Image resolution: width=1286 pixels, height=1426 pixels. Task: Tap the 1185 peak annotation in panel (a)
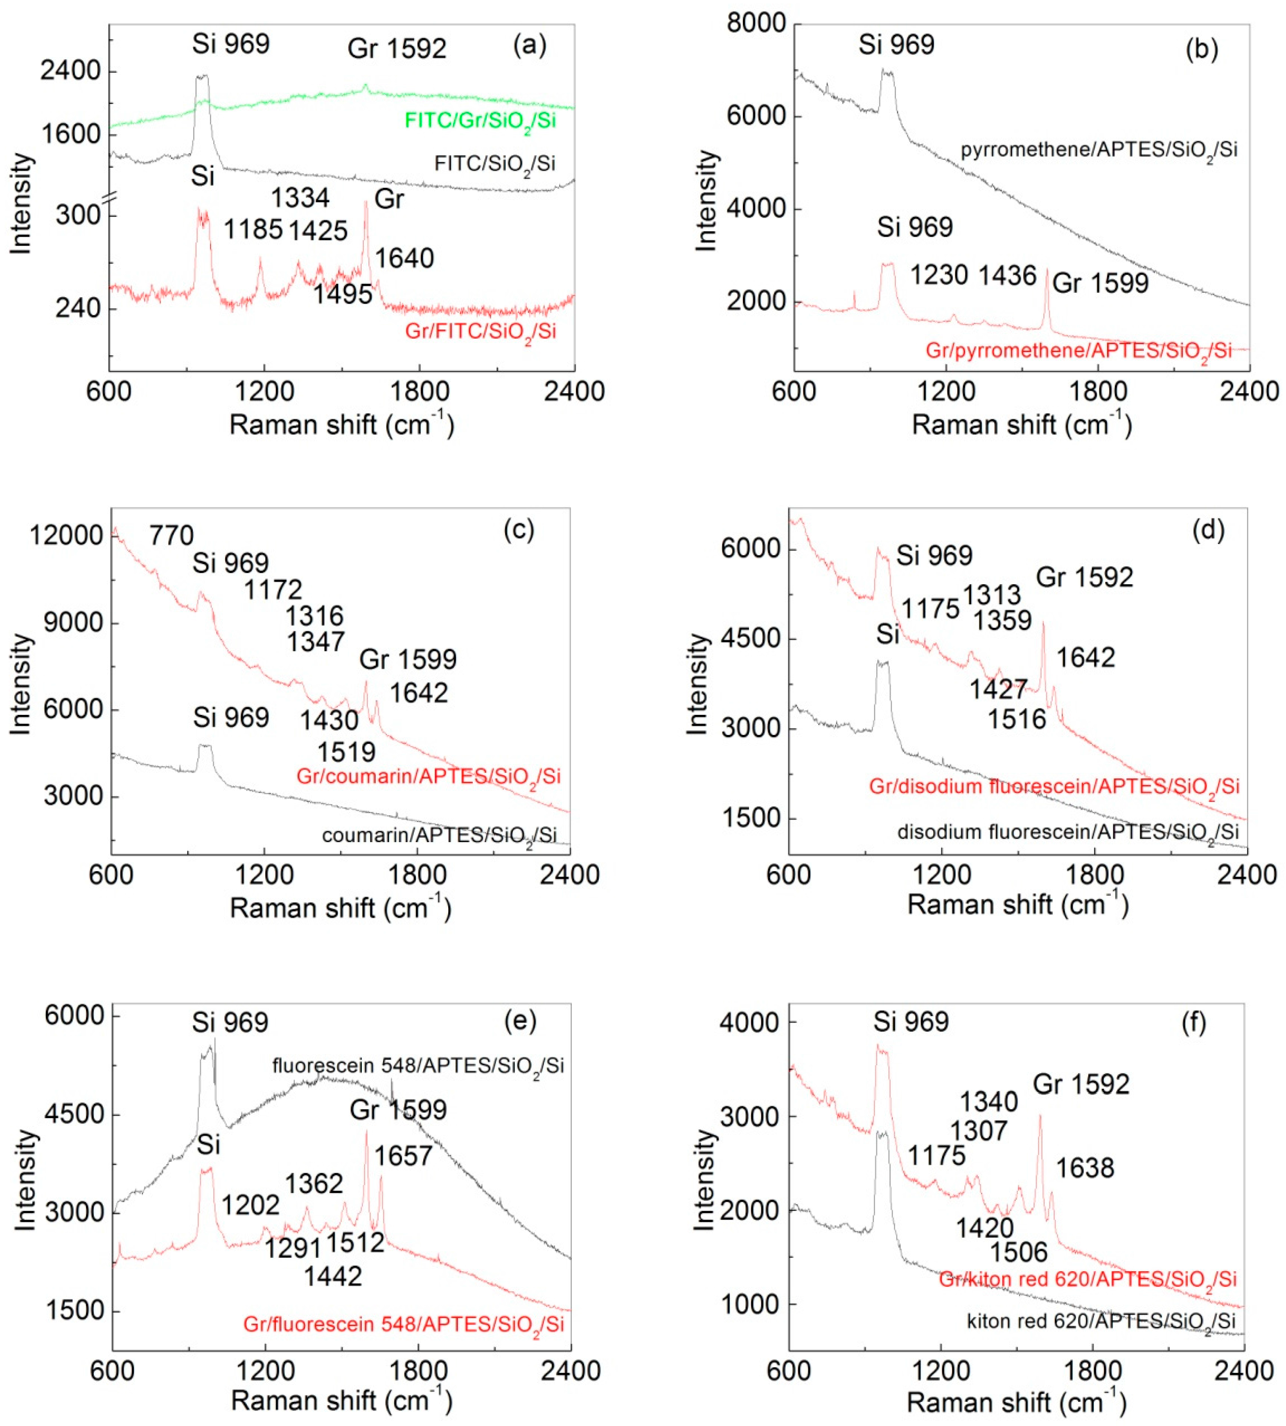coord(253,230)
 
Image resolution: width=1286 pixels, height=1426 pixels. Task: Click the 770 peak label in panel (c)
coord(172,536)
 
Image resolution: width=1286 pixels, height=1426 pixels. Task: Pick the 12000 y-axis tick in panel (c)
coord(66,536)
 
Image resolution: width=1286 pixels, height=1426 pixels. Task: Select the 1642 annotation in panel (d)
coord(1085,658)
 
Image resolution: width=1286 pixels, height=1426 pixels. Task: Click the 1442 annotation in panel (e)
coord(333,1276)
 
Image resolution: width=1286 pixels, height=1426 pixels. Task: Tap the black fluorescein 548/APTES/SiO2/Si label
coord(418,1066)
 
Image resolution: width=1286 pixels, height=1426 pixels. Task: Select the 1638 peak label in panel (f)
coord(1085,1168)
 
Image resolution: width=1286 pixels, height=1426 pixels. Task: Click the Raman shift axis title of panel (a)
coord(341,425)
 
